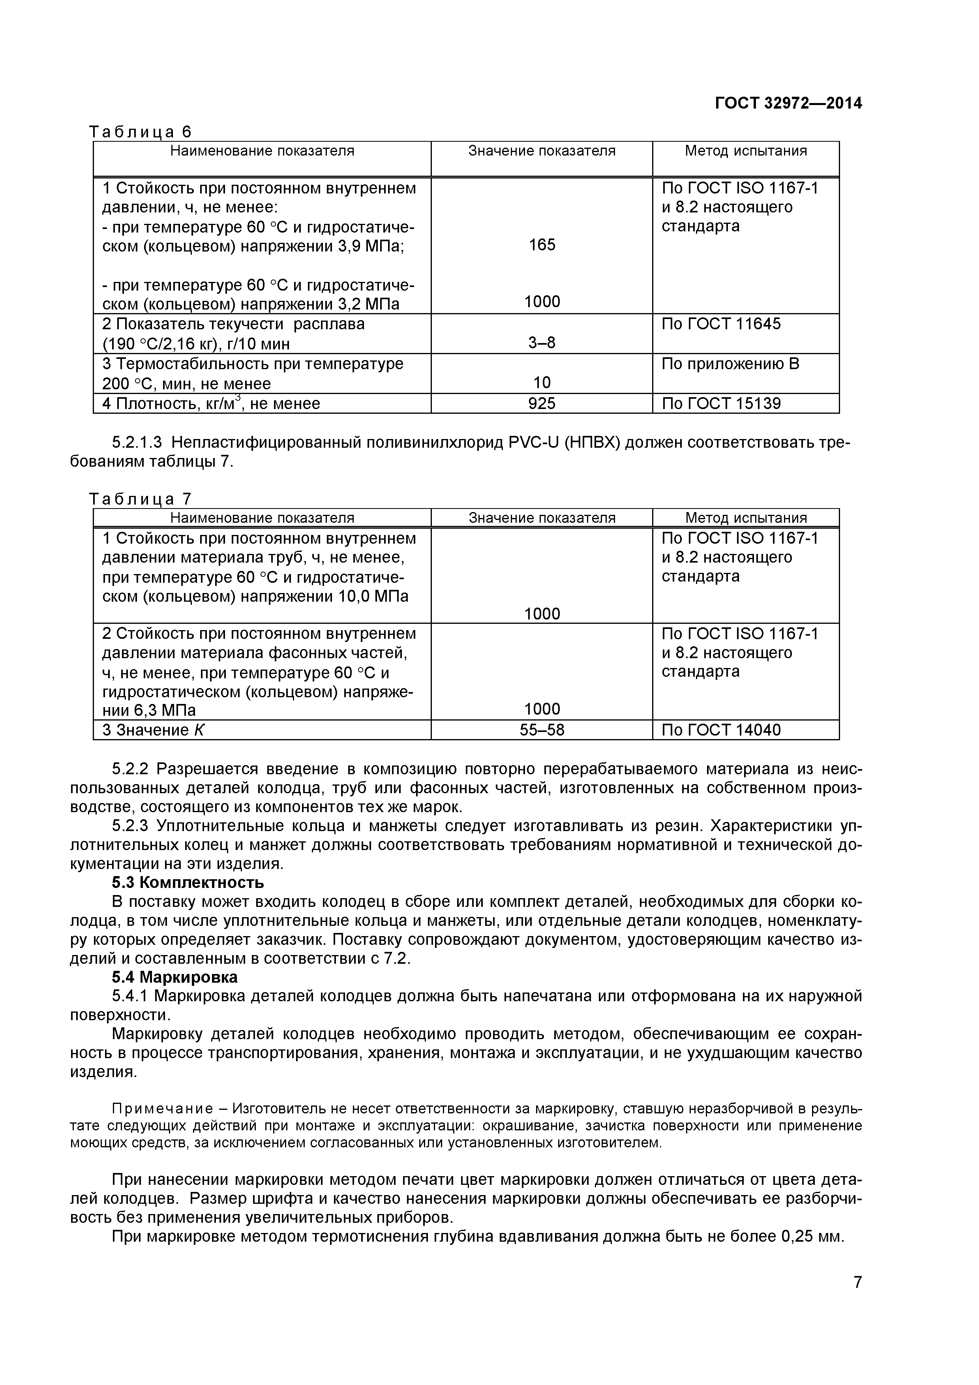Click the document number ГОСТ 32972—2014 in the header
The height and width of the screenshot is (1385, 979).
pyautogui.click(x=788, y=103)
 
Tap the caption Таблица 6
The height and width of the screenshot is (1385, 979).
pyautogui.click(x=140, y=131)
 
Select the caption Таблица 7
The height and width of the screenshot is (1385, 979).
pyautogui.click(x=140, y=499)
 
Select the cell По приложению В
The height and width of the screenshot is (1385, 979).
pyautogui.click(x=730, y=364)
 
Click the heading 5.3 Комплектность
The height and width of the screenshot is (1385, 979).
pyautogui.click(x=188, y=882)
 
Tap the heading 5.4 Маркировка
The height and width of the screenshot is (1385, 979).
pyautogui.click(x=174, y=977)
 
